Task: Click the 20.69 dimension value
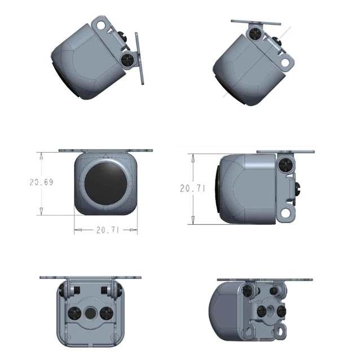pos(41,181)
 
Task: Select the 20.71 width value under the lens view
pos(107,230)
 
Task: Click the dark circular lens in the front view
pos(106,185)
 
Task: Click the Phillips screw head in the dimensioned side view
pos(285,165)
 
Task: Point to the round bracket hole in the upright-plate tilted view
pos(101,25)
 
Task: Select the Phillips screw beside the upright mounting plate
pos(127,59)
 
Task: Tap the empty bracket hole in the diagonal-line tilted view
pos(285,63)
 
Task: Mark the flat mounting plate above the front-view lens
pos(106,150)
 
